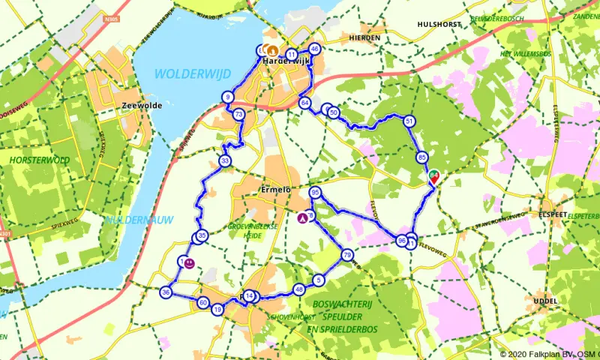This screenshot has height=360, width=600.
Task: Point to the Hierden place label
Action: pos(364,37)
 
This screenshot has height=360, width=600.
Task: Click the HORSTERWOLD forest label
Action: pos(40,160)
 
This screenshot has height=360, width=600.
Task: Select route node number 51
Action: pos(409,121)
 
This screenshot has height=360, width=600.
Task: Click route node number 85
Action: pos(422,157)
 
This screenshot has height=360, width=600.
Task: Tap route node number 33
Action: pos(225,160)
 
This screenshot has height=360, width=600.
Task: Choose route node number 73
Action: pos(238,115)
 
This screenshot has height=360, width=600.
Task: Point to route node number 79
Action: pos(346,255)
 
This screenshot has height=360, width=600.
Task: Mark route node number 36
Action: pos(166,292)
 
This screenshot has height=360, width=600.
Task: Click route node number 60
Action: pos(202,303)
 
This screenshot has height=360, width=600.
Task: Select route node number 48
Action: pos(299,289)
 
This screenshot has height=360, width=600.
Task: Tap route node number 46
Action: pos(314,49)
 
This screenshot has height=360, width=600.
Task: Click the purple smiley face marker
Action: pos(190,263)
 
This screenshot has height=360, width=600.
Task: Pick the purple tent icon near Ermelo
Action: pos(302,219)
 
